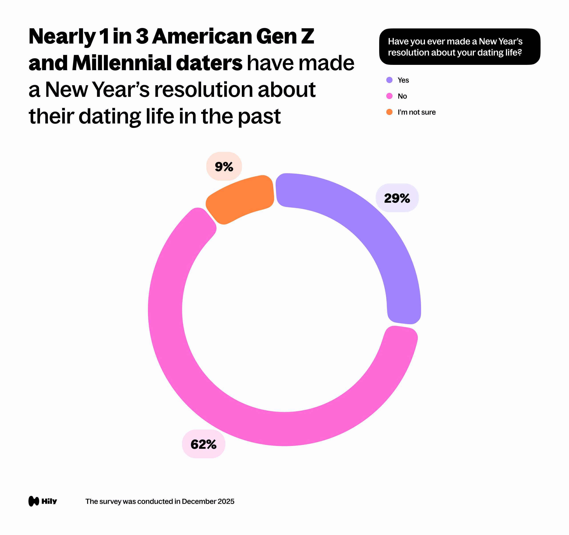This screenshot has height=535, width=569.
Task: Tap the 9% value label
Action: tap(224, 166)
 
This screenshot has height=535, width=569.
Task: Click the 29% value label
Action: tap(397, 198)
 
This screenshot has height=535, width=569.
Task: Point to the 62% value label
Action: tap(204, 444)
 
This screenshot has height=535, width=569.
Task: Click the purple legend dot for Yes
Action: tap(389, 80)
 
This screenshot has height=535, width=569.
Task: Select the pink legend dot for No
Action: tap(389, 96)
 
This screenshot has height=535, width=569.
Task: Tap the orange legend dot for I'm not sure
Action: tap(389, 112)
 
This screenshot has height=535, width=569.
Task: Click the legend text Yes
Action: tap(403, 80)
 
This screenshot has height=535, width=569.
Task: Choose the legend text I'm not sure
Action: tap(417, 112)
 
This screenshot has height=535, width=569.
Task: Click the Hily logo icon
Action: tap(34, 501)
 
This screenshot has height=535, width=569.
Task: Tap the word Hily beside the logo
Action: tap(49, 501)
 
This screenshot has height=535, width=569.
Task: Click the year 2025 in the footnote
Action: tap(226, 501)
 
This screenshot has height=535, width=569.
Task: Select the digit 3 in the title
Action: tap(142, 36)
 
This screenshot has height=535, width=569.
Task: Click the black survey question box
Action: tap(459, 47)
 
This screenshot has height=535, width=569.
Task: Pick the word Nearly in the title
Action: tap(62, 37)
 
